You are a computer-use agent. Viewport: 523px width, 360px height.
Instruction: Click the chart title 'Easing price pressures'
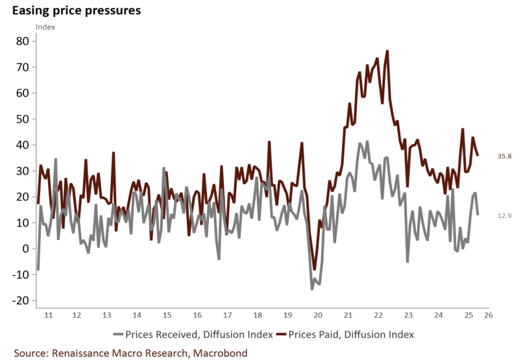click(x=77, y=11)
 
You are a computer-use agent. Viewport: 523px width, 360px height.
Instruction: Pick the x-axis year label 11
click(x=46, y=315)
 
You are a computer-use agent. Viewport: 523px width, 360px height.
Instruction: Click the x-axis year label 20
click(x=318, y=315)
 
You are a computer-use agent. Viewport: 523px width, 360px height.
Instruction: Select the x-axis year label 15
click(x=167, y=315)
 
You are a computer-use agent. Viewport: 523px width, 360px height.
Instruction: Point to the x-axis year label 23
click(x=409, y=315)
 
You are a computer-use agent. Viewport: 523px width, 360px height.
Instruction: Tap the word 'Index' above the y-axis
click(x=45, y=27)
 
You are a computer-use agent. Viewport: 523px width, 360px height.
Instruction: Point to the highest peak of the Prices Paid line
click(x=387, y=51)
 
